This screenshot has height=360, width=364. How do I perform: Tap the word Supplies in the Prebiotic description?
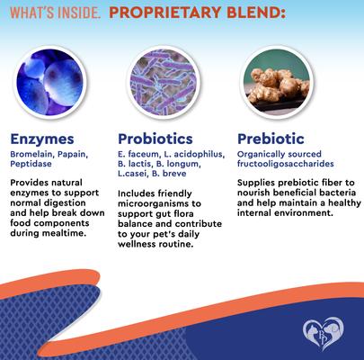coord(259,182)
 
